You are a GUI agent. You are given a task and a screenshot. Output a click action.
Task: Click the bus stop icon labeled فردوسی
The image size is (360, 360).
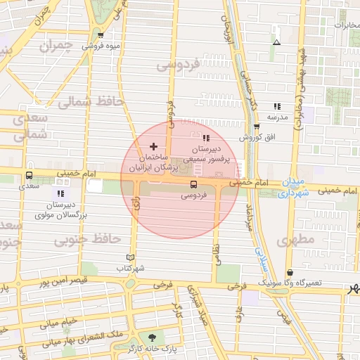coord(193,184)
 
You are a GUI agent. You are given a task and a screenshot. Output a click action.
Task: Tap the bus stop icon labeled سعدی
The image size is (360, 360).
coord(29,176)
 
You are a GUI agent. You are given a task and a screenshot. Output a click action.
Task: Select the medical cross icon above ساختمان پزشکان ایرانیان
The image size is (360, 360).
coord(154,146)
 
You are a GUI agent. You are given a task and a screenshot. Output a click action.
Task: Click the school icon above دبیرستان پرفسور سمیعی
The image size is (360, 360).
coord(206,138)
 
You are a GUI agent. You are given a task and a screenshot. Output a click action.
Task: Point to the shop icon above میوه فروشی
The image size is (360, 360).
coord(101,36)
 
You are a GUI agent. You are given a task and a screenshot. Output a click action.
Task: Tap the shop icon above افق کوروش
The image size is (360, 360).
coord(257,127)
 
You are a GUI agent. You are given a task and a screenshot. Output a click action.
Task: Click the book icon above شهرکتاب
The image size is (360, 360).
coord(129,257)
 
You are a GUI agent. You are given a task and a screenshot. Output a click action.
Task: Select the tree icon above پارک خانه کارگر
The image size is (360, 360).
coord(151,337)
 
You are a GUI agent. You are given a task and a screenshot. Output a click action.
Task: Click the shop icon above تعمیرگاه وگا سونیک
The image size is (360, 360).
coord(290,273)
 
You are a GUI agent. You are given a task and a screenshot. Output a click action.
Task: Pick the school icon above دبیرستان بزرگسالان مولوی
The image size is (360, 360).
coord(60,193)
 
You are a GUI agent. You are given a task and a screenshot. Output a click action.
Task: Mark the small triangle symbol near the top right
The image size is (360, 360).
coord(277,42)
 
